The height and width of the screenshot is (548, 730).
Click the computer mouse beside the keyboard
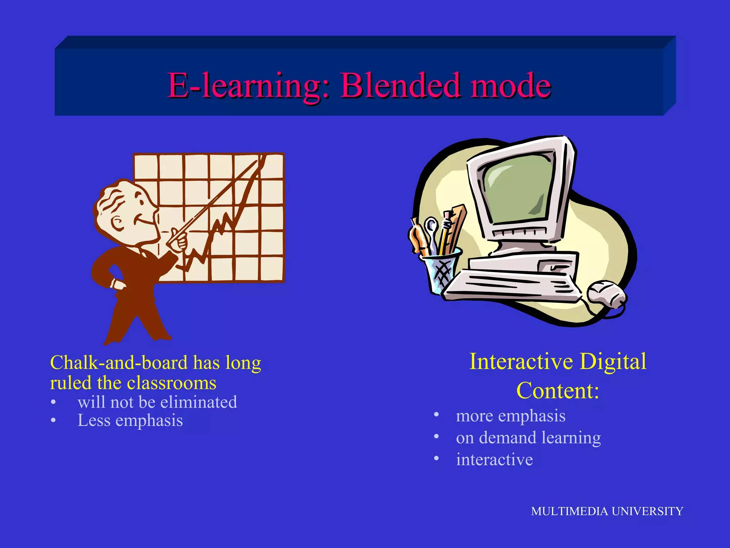(606, 294)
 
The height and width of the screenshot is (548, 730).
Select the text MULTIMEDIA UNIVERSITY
(607, 511)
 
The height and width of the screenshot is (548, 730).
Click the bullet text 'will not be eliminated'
(157, 402)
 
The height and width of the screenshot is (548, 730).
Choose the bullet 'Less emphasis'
(130, 420)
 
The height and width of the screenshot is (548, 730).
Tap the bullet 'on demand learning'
(528, 437)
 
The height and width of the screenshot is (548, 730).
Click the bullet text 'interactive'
(494, 460)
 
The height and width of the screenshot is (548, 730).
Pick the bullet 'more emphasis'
(510, 416)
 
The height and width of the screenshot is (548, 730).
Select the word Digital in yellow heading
(613, 361)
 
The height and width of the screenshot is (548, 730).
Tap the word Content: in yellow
(557, 391)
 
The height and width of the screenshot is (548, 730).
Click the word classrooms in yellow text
(171, 383)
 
